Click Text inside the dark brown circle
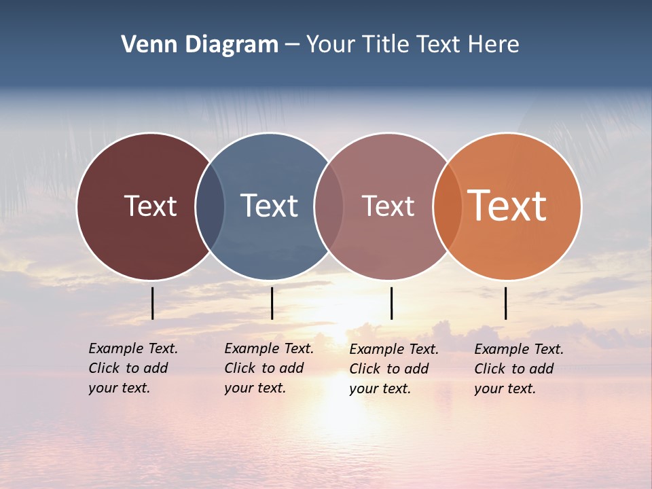150,206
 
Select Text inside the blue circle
269,206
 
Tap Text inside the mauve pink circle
388,206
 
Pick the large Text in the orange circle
507,206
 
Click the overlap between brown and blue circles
210,206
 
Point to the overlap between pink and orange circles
448,206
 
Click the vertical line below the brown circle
152,303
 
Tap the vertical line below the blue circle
272,303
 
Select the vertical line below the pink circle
391,303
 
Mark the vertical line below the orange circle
505,303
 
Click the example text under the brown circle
133,368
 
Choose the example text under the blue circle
269,368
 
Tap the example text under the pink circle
394,369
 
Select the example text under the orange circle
519,369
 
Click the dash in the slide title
292,45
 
